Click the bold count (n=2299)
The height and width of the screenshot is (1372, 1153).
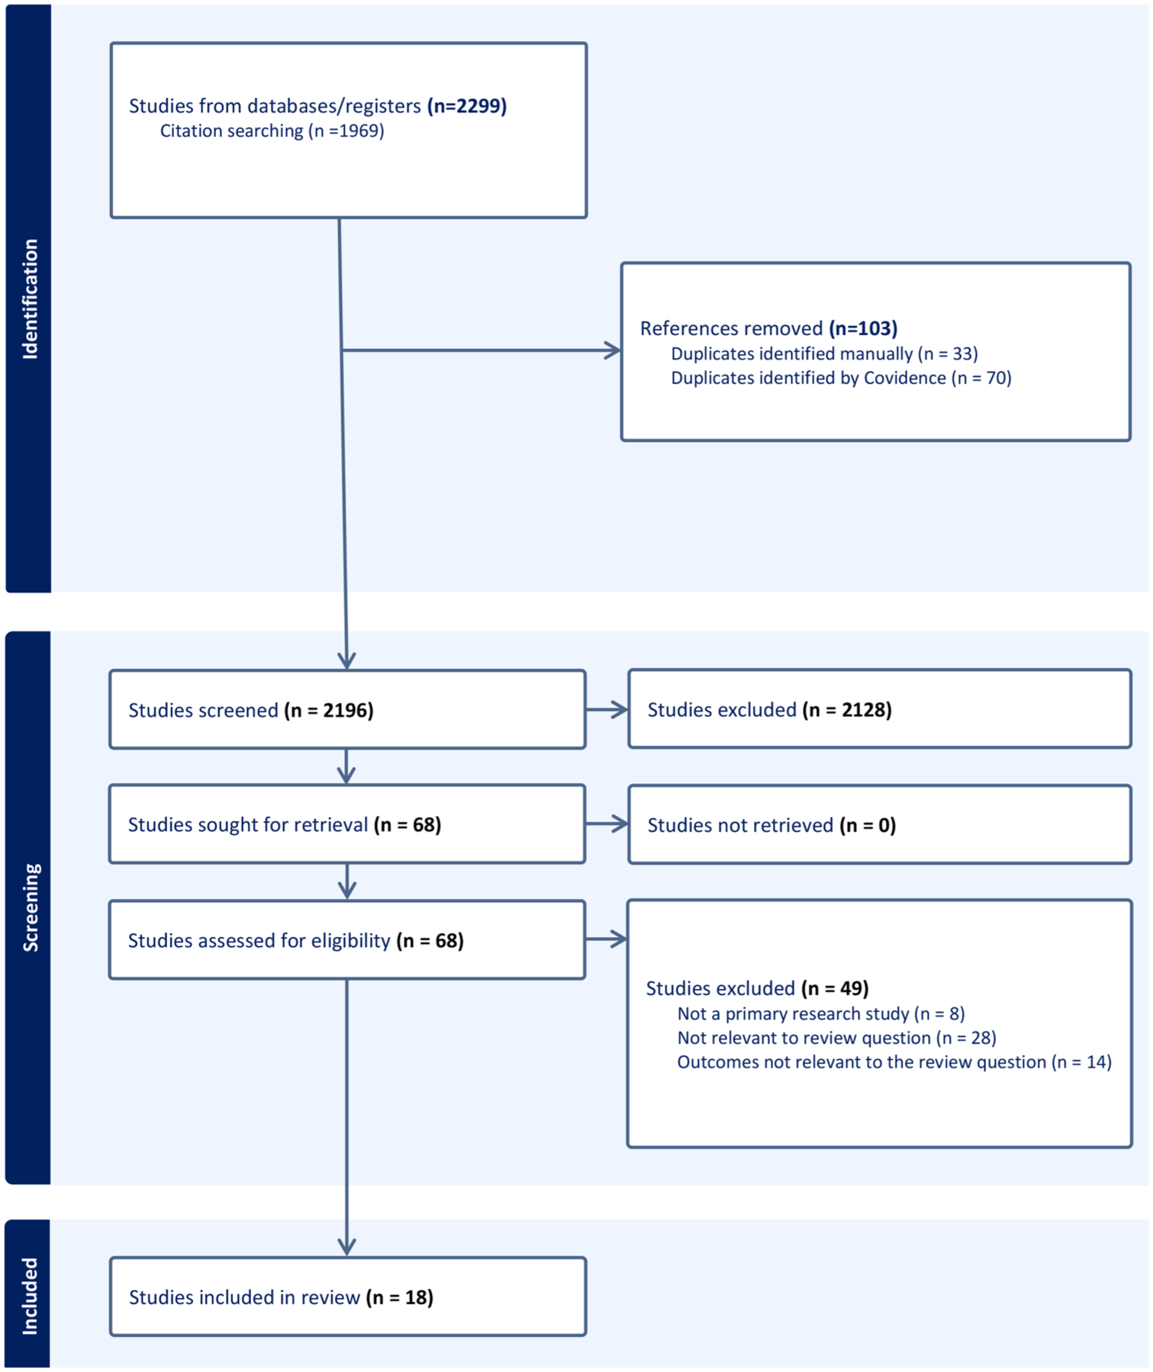tap(467, 106)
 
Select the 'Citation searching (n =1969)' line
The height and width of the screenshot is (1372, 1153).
tap(272, 131)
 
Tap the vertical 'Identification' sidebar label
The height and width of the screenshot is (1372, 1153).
tap(30, 299)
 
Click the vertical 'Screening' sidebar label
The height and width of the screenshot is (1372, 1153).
tap(30, 907)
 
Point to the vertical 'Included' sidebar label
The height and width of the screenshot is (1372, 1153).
tap(30, 1296)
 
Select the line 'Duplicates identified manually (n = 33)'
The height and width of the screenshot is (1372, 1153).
tap(824, 354)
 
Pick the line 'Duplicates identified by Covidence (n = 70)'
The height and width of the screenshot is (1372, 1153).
tap(841, 378)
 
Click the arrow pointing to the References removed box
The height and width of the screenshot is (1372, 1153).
tap(481, 350)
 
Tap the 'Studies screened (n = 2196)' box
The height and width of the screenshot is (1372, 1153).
tap(347, 710)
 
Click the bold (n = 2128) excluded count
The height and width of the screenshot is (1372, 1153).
tap(847, 710)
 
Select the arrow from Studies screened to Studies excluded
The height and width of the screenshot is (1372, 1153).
tap(607, 710)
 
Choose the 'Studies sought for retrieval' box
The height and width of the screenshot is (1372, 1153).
tap(347, 824)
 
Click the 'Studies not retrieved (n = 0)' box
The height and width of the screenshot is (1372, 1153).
tap(880, 825)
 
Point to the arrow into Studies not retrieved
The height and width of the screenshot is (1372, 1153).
tap(607, 824)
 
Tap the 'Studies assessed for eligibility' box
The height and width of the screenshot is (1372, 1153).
tap(347, 940)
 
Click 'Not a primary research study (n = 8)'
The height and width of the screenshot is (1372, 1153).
tap(821, 1014)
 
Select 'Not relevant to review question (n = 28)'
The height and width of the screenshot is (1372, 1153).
tap(837, 1039)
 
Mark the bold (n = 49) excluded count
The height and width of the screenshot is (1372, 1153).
tap(836, 989)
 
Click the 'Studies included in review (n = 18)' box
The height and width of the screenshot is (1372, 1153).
tap(348, 1297)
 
